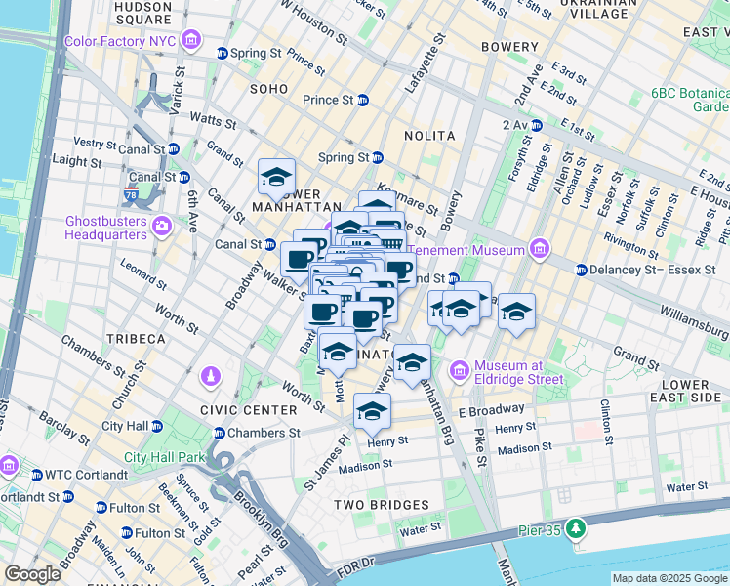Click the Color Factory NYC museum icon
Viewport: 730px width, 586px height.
(191, 41)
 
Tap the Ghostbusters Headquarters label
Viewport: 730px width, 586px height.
(105, 228)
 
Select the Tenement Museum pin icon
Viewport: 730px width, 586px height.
(537, 249)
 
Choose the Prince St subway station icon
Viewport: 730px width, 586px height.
(363, 100)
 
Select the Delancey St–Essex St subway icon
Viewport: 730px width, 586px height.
(582, 270)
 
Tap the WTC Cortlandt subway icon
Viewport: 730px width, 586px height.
(36, 475)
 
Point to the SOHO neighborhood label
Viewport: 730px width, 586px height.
(268, 89)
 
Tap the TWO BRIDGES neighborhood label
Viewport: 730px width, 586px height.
(381, 505)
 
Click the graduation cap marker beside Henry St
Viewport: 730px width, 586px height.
(372, 411)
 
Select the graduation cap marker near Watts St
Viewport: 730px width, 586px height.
(277, 177)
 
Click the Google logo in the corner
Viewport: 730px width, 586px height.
(33, 574)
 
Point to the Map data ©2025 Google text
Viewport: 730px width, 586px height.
(669, 578)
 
